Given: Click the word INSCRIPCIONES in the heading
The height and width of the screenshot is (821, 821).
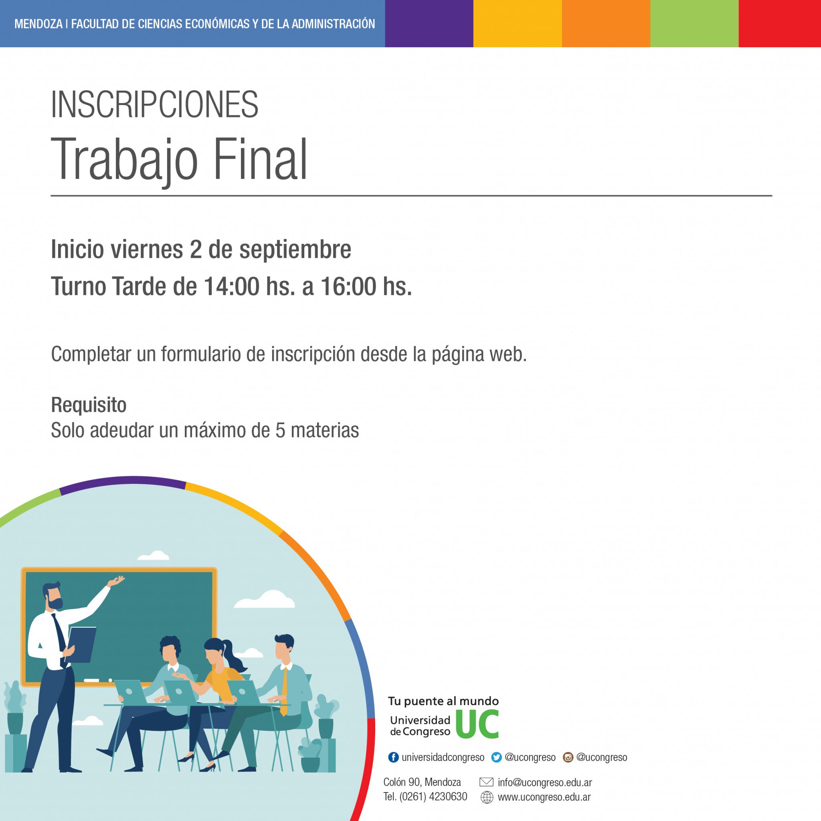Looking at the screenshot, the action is [155, 105].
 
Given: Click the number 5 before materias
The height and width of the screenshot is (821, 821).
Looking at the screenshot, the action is [280, 431].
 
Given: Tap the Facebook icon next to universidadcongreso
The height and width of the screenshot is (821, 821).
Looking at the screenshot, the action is [394, 757].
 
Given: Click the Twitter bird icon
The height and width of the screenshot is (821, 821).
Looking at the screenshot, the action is [496, 757].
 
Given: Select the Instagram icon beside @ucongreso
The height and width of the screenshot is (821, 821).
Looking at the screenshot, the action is [568, 757].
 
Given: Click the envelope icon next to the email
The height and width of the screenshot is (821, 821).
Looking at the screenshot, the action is [486, 782].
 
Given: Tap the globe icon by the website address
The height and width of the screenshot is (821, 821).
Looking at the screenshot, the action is [487, 798].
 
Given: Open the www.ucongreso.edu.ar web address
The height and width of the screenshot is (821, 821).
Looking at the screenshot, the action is [544, 797].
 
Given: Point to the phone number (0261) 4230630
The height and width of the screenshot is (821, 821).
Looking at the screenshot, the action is [433, 797].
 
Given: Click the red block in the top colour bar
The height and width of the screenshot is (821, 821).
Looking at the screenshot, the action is [780, 23].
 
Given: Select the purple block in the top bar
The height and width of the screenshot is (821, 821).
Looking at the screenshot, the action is [429, 23].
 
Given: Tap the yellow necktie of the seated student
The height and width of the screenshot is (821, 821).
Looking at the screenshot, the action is [284, 692].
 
